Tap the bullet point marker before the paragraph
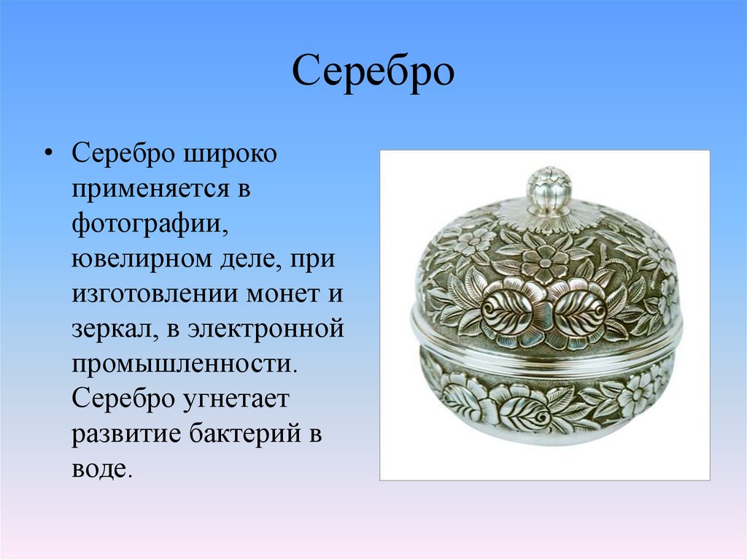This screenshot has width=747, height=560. [48, 156]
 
